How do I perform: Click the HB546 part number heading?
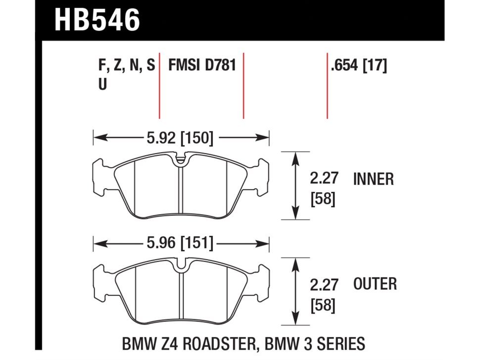97,20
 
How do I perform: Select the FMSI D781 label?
202,65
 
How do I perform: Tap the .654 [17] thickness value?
359,65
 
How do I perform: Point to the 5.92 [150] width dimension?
180,138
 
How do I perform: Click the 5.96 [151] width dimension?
180,243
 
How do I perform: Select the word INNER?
374,179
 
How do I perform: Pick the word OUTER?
375,284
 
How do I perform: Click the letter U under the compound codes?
102,84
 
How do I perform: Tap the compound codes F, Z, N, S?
127,66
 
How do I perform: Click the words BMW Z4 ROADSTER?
189,343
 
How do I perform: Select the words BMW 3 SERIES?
315,343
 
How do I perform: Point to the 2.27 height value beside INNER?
324,179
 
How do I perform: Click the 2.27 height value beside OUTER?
324,284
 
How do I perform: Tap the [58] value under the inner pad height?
323,199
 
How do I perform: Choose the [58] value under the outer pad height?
323,306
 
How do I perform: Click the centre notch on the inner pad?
181,160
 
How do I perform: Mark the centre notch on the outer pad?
181,266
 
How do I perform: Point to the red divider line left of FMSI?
159,86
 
